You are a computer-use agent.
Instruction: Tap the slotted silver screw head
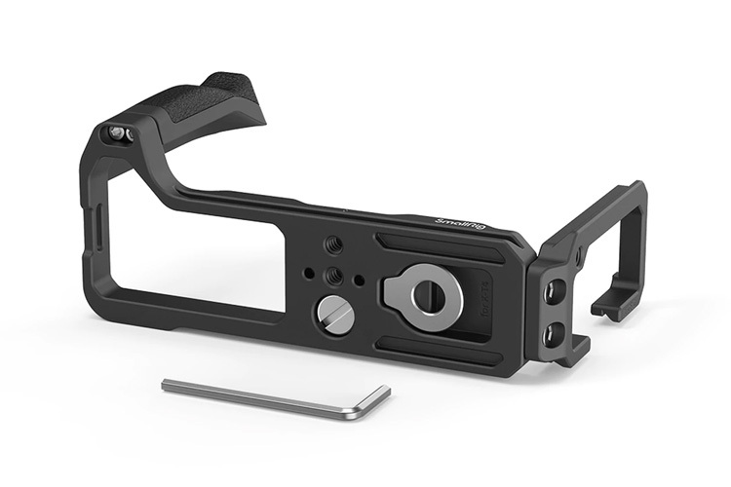tap(334, 315)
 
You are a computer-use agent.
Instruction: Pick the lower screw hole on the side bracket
tap(553, 334)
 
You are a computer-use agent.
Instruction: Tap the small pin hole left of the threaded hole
tap(309, 272)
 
